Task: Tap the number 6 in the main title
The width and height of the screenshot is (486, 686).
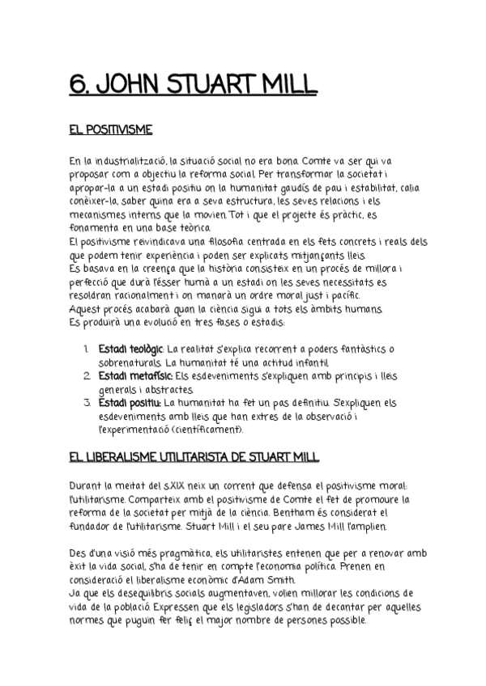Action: [x=77, y=85]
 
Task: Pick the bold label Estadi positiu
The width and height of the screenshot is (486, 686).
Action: [x=129, y=403]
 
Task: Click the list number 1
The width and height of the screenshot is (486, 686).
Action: [x=87, y=349]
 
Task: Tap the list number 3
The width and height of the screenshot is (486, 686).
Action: [x=87, y=403]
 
